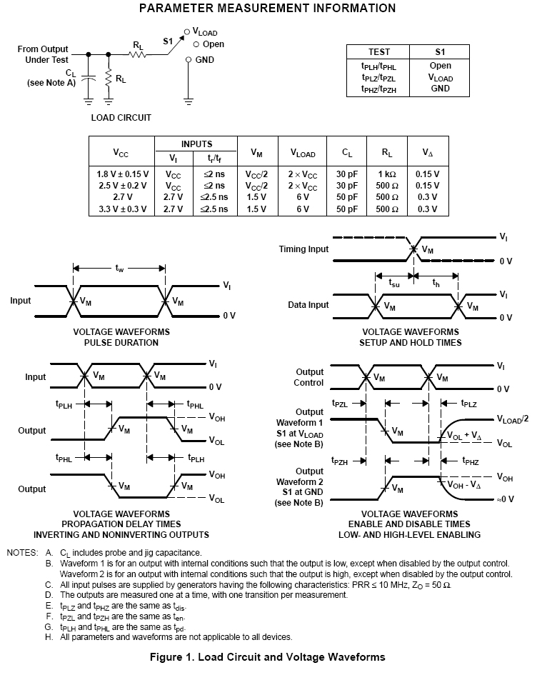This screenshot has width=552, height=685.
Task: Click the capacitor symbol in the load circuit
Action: pyautogui.click(x=89, y=77)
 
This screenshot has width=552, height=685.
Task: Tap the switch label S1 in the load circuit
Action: pyautogui.click(x=168, y=41)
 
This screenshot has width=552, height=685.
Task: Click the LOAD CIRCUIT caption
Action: pyautogui.click(x=121, y=117)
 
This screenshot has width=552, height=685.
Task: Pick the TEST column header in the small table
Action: pyautogui.click(x=378, y=52)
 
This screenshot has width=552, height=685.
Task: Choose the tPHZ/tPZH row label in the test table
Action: pyautogui.click(x=378, y=89)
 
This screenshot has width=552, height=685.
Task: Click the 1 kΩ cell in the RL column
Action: pyautogui.click(x=387, y=174)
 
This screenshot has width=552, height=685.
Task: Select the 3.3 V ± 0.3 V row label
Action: pyautogui.click(x=121, y=209)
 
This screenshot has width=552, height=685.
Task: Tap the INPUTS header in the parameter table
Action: pyautogui.click(x=196, y=144)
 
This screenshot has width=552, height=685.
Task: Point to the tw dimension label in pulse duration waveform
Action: pyautogui.click(x=119, y=269)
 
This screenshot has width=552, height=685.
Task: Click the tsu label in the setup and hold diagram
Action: pyautogui.click(x=393, y=283)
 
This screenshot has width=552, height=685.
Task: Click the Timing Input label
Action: pyautogui.click(x=303, y=249)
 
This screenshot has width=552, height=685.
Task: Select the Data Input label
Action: pyautogui.click(x=308, y=305)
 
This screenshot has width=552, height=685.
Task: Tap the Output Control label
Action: pyautogui.click(x=309, y=377)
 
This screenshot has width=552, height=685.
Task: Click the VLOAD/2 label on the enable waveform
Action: pyautogui.click(x=512, y=420)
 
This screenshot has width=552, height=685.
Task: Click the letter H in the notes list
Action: pyautogui.click(x=49, y=636)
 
